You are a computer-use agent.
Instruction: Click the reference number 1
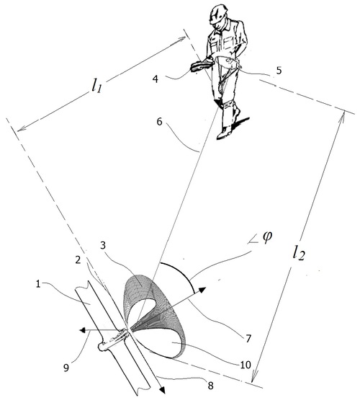[38, 284]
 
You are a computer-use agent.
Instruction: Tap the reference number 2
[78, 260]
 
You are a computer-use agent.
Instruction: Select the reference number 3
[103, 245]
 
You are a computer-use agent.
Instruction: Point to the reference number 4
[156, 79]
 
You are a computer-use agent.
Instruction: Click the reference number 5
[279, 71]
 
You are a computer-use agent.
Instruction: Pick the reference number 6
[159, 122]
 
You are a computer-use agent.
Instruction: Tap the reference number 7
[248, 339]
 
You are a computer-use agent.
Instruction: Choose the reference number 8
[210, 386]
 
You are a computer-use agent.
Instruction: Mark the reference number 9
[66, 368]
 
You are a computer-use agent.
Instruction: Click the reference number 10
[246, 365]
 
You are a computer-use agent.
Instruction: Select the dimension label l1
[96, 86]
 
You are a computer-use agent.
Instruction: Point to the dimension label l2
[298, 253]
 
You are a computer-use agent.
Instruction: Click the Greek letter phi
[267, 238]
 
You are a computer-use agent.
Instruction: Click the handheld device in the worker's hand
[202, 66]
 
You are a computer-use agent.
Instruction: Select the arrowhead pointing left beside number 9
[82, 330]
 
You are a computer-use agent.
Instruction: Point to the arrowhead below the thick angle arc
[202, 290]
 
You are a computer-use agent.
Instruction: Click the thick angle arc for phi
[181, 272]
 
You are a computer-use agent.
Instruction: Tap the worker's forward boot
[225, 132]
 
